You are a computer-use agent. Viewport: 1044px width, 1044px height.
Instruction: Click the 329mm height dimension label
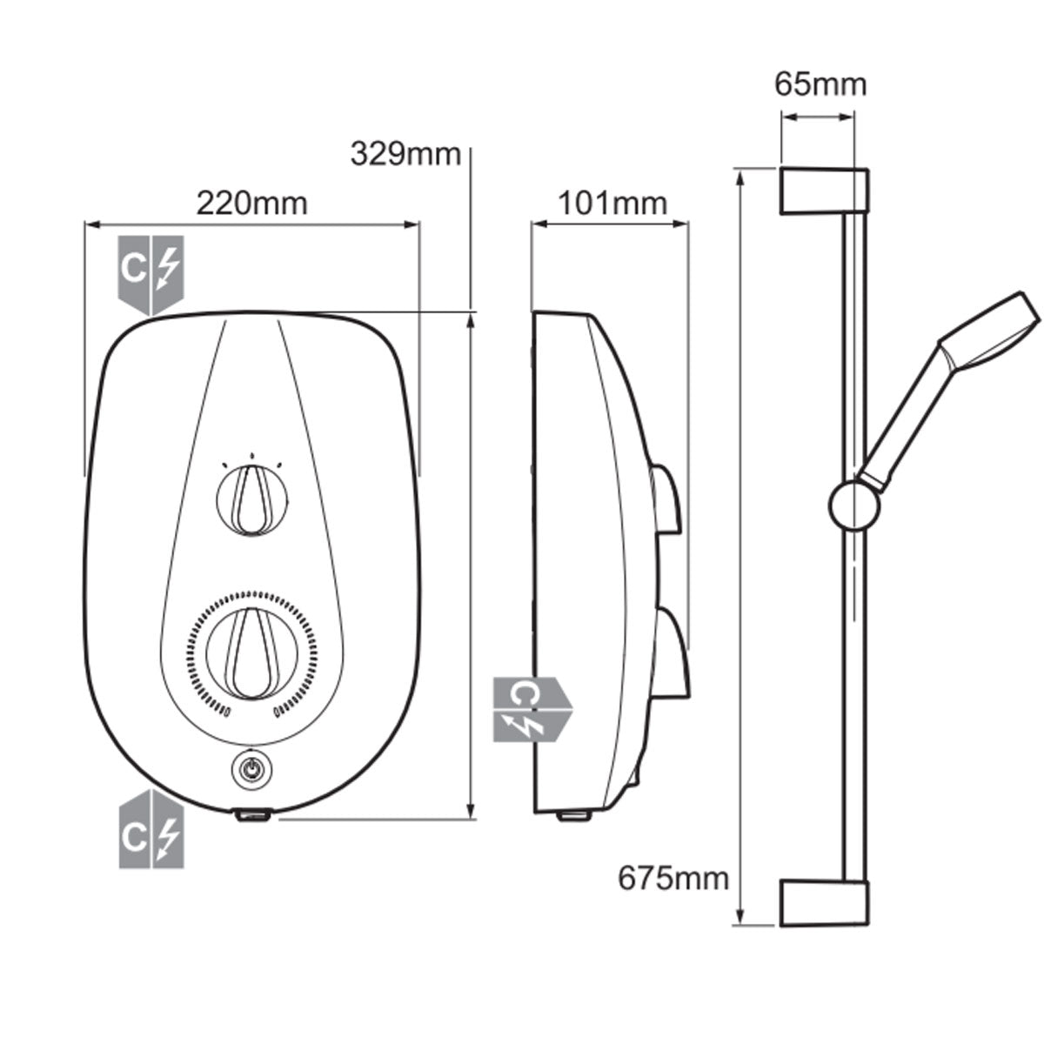(x=405, y=154)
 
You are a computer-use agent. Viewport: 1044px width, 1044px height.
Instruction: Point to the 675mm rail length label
(x=673, y=878)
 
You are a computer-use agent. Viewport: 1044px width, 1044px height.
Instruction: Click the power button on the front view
(x=251, y=769)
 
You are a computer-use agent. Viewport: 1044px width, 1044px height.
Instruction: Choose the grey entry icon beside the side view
(x=533, y=709)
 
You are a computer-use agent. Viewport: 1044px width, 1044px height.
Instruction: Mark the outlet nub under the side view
(x=575, y=815)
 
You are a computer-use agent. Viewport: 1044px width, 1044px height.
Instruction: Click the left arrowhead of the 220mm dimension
(x=90, y=224)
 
